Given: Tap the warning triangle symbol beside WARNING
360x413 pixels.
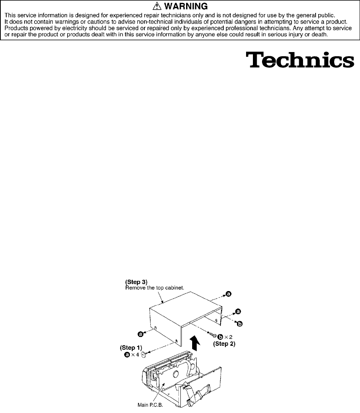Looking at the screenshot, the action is pos(159,6).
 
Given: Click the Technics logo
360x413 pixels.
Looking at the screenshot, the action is pos(300,60).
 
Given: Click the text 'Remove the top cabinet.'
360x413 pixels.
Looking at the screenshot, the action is pos(150,288).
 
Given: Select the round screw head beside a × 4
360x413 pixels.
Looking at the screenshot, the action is pos(144,355).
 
